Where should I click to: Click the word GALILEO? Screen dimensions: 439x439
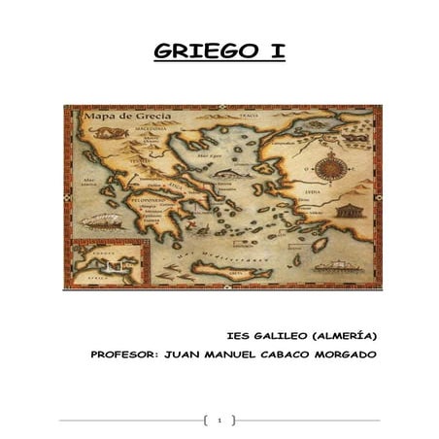[284, 336]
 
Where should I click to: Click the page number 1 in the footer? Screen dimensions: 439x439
[219, 421]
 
